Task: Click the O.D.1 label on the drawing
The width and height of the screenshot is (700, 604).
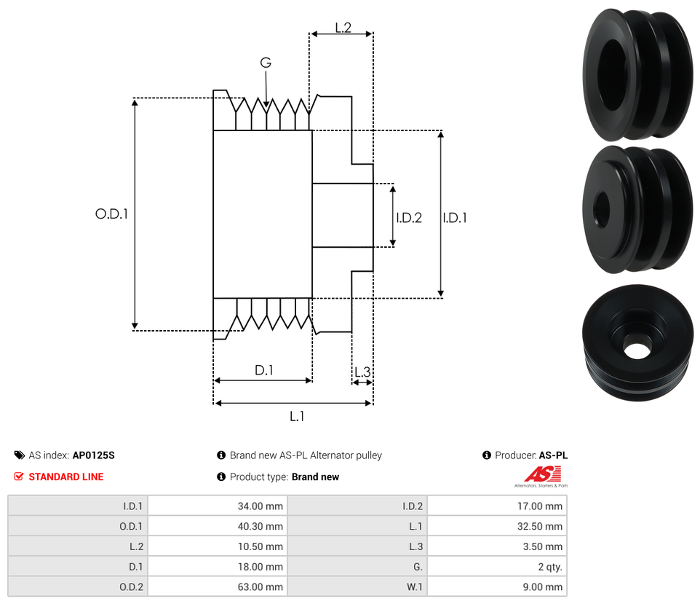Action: coord(111,213)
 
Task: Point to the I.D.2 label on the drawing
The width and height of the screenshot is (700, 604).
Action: coord(409,218)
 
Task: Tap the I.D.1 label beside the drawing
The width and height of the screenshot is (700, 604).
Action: coord(455,218)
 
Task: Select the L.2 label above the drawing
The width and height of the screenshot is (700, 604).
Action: coord(343,28)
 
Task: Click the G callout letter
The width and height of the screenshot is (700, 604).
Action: coord(266,63)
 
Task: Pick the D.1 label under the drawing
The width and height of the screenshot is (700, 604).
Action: coord(264,370)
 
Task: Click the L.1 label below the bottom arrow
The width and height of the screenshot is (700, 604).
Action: coord(297,417)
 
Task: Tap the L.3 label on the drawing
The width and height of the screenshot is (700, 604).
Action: coord(362,372)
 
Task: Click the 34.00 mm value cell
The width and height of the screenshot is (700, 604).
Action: coord(218,506)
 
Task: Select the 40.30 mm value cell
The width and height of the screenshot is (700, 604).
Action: coord(218,526)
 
